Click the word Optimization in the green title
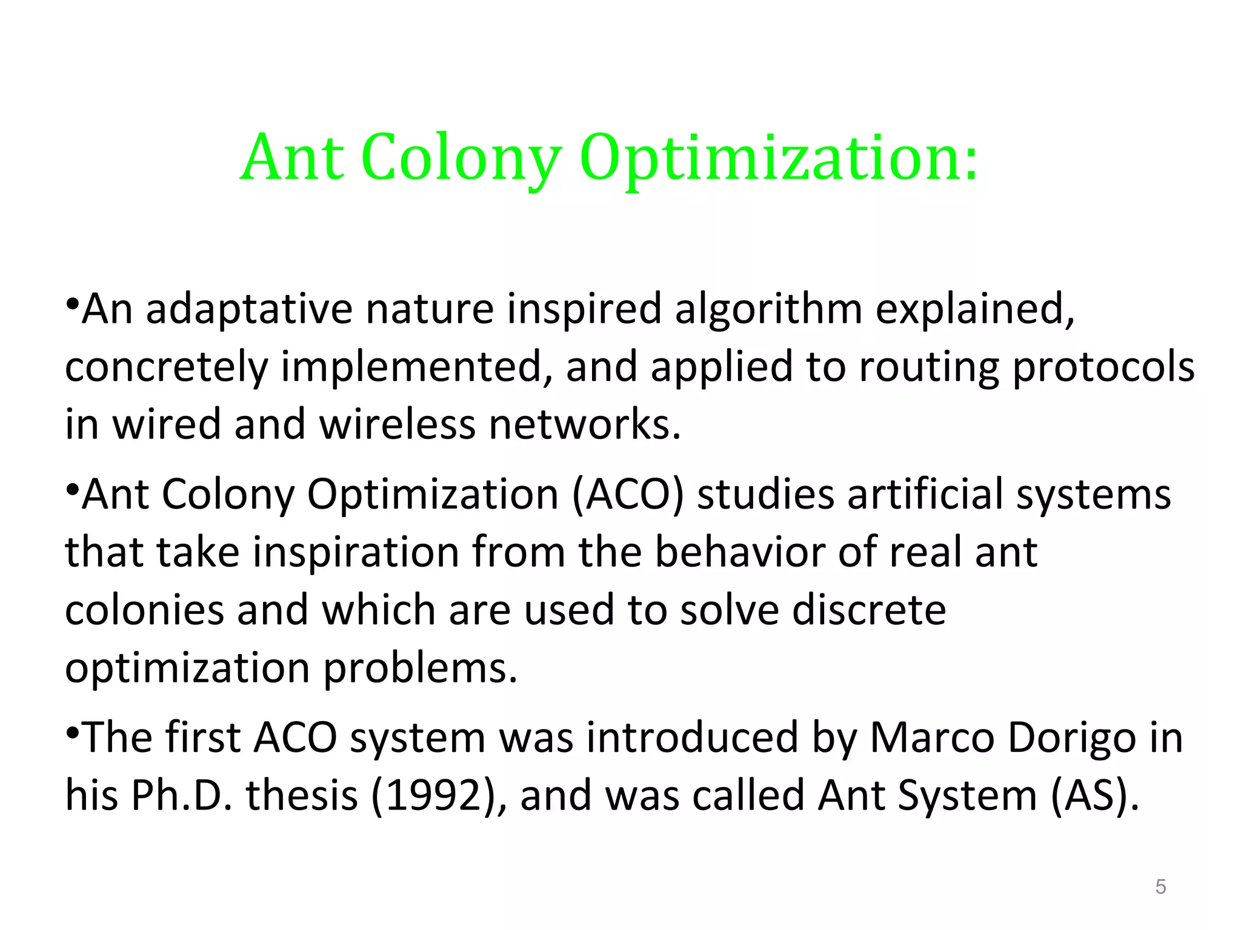[779, 159]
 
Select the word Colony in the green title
[461, 159]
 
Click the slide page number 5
[1160, 887]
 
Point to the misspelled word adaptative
[249, 309]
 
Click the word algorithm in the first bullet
[768, 309]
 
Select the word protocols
[1103, 367]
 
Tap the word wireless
[397, 424]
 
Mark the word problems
[420, 668]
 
